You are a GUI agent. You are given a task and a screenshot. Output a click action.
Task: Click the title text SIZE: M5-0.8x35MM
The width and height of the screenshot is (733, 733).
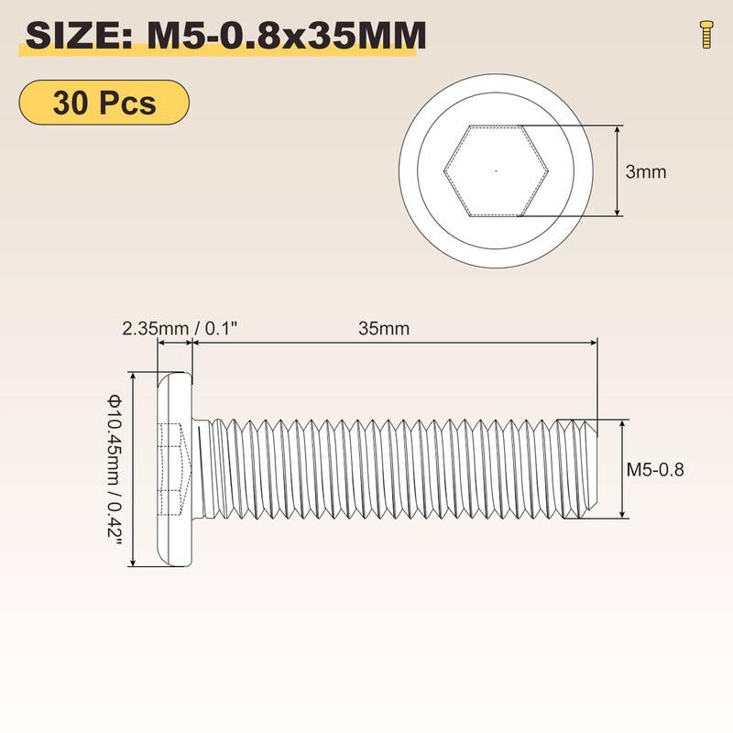(224, 36)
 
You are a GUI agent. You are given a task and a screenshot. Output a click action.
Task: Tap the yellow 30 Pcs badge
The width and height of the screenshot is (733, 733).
(104, 103)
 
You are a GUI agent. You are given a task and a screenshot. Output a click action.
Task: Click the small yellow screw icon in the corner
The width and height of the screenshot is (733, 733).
(704, 34)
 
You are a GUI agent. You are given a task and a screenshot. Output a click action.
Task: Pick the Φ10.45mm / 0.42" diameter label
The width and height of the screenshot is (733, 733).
(115, 468)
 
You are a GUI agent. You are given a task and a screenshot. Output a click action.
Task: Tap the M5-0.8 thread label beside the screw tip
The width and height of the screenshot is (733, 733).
(656, 470)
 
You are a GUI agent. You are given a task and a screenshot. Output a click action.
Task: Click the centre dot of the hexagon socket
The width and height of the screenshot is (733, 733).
(496, 170)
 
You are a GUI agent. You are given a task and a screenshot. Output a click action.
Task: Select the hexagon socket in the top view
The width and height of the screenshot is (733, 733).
(496, 170)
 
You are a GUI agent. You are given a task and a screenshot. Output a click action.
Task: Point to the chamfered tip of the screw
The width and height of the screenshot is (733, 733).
(586, 470)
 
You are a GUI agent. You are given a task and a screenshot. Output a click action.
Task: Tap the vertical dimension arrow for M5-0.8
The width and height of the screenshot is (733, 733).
(624, 470)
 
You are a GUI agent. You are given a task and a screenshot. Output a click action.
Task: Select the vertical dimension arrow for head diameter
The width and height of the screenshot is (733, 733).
(135, 468)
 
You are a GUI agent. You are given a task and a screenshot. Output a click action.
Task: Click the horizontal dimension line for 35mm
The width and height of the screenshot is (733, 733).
(394, 343)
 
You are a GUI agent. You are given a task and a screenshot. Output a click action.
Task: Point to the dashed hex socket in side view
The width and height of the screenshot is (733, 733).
(174, 468)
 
